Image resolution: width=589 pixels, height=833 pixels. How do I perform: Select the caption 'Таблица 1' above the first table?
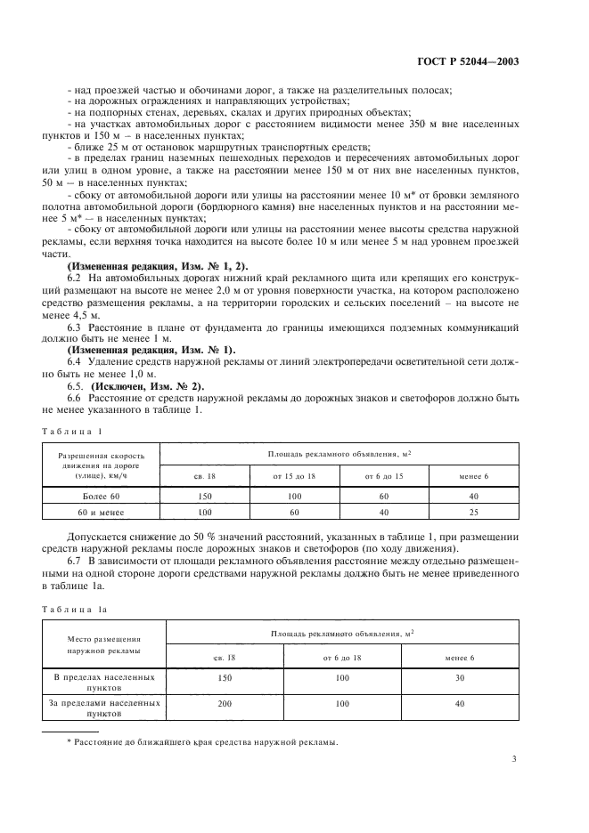(76, 432)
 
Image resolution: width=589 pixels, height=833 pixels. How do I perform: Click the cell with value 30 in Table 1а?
(460, 678)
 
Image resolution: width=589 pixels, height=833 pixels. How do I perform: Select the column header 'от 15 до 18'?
(294, 476)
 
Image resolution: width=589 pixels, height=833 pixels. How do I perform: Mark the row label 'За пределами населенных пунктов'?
(103, 708)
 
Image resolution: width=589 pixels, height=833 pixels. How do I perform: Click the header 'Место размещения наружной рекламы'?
(103, 644)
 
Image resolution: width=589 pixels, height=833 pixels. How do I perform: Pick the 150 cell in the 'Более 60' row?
(204, 495)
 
